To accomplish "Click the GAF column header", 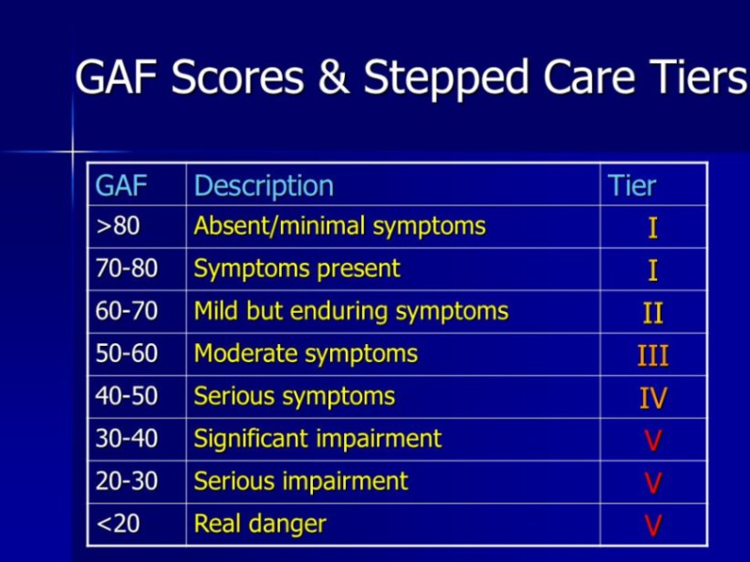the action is pyautogui.click(x=121, y=185).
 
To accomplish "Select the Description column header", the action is pyautogui.click(x=264, y=186).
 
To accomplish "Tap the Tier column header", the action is pyautogui.click(x=631, y=185).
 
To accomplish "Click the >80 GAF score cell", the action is pyautogui.click(x=118, y=226).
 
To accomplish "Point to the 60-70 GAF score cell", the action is pyautogui.click(x=126, y=311).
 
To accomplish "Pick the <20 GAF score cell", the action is pyautogui.click(x=118, y=524).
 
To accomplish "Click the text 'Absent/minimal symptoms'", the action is pyautogui.click(x=339, y=226).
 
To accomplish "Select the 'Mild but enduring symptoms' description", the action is pyautogui.click(x=351, y=311).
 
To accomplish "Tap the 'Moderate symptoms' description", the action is pyautogui.click(x=306, y=354).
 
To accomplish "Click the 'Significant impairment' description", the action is pyautogui.click(x=318, y=439).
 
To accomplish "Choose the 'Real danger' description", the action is pyautogui.click(x=260, y=524).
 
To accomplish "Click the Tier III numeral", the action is pyautogui.click(x=653, y=356).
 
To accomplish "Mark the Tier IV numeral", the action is pyautogui.click(x=653, y=398).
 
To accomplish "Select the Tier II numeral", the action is pyautogui.click(x=653, y=313).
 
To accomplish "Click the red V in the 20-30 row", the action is pyautogui.click(x=653, y=483).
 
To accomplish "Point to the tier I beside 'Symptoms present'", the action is pyautogui.click(x=653, y=271).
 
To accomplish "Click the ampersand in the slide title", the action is pyautogui.click(x=333, y=77).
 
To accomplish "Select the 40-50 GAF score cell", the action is pyautogui.click(x=126, y=396).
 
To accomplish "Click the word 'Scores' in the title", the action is pyautogui.click(x=237, y=78).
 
